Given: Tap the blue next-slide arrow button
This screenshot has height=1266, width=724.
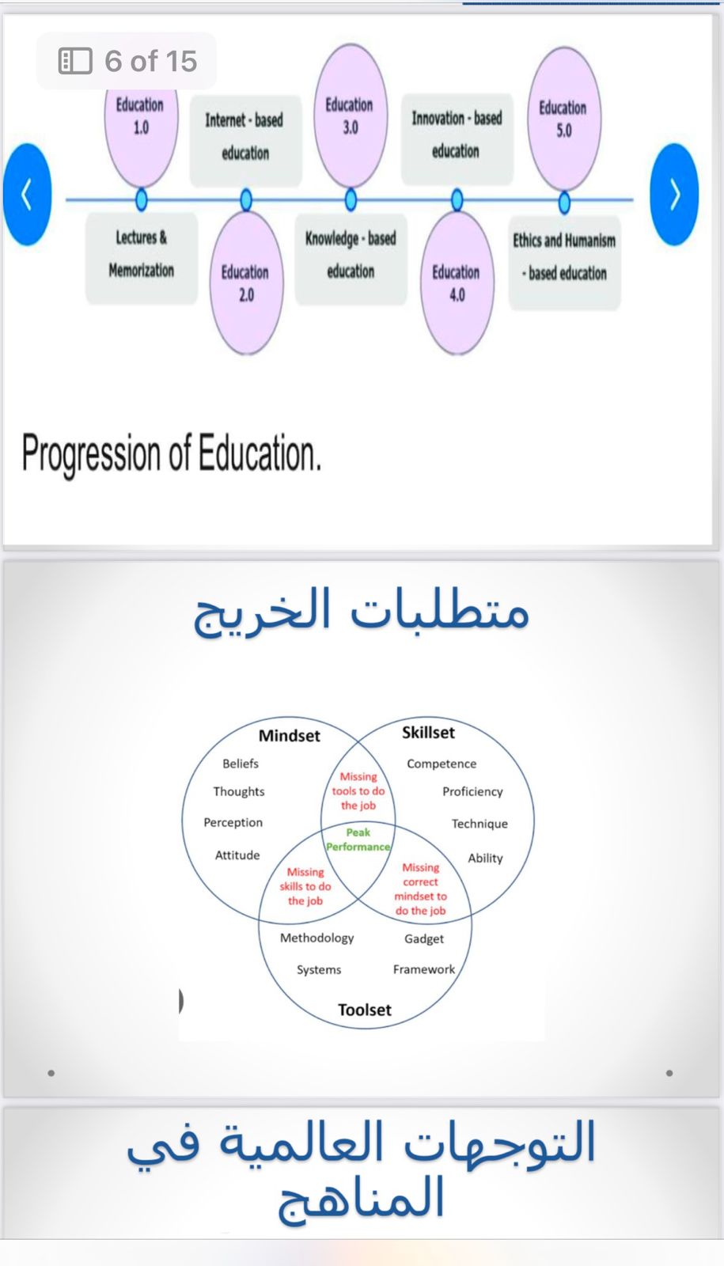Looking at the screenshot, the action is [674, 195].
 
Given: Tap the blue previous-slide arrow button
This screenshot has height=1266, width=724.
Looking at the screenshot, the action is [27, 195].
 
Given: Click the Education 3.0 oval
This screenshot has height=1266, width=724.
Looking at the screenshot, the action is [351, 116].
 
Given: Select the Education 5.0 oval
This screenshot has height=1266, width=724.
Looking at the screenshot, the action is [564, 119].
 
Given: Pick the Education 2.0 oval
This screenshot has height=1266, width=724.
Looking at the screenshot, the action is [246, 282].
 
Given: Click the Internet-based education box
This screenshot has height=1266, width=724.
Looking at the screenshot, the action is [245, 140].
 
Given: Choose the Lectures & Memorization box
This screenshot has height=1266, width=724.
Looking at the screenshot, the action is [142, 258].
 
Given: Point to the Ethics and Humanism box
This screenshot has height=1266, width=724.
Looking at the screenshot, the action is [565, 262].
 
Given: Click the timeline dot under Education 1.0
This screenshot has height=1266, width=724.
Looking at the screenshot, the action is [142, 199].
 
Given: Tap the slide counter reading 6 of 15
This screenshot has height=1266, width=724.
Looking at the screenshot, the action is [127, 60].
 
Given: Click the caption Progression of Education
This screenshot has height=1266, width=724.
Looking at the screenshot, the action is [171, 453].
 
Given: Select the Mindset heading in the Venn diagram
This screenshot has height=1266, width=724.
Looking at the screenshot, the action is [290, 735].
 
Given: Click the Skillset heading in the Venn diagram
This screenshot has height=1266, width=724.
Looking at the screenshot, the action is [428, 733].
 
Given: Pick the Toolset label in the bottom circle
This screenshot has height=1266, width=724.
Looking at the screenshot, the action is [365, 1010].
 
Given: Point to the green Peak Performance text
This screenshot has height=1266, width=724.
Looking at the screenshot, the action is [358, 840].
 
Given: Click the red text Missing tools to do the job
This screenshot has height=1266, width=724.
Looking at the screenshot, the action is [358, 790].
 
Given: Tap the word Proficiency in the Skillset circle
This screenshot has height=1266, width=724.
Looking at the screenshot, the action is [472, 792].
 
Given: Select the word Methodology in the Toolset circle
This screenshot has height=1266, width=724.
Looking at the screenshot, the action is [317, 938].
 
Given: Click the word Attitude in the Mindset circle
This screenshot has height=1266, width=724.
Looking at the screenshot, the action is [237, 855].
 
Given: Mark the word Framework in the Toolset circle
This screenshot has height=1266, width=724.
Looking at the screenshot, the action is [424, 969].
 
